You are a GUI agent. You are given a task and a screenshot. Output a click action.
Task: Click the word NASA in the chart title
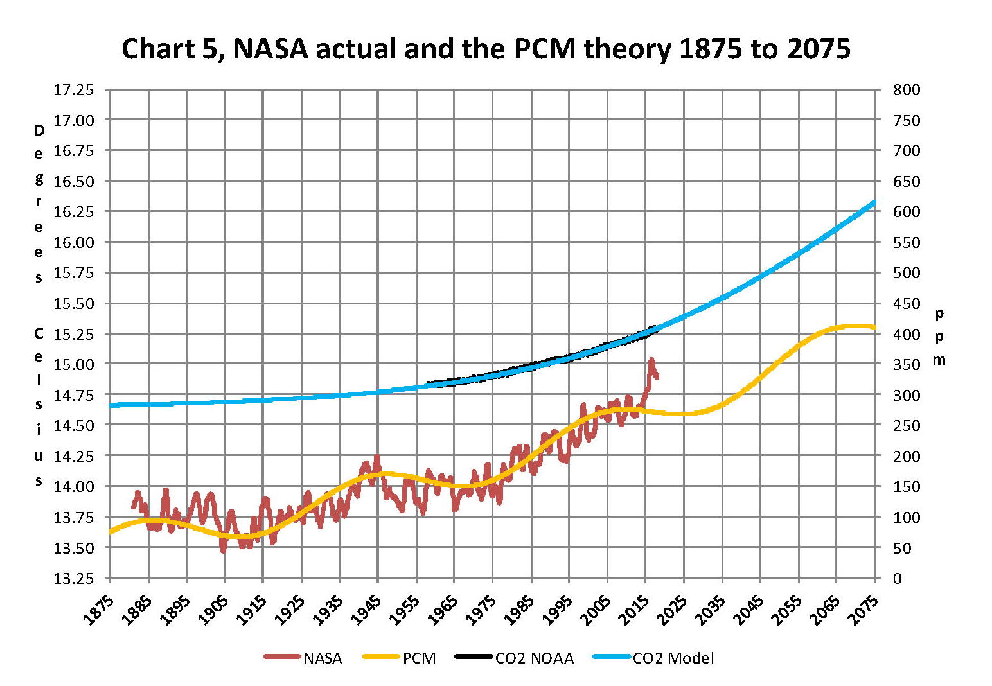[270, 49]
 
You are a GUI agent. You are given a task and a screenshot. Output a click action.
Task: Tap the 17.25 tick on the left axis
[73, 90]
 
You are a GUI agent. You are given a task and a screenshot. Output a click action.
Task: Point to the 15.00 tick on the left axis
[73, 364]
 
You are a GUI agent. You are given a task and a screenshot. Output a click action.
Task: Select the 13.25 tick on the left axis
[73, 578]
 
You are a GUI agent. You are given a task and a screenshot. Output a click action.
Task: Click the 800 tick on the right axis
[906, 90]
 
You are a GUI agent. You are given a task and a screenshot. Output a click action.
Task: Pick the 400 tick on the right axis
[906, 334]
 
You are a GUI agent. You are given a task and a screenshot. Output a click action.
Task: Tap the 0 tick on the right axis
[898, 578]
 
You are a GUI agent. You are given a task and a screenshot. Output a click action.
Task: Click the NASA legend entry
[322, 658]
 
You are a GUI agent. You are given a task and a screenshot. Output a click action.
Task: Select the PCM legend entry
[419, 658]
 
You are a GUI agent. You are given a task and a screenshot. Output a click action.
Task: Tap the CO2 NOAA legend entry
[534, 658]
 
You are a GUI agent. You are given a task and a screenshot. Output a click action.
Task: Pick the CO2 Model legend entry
[673, 658]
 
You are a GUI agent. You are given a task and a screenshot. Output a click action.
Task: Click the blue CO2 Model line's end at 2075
[874, 203]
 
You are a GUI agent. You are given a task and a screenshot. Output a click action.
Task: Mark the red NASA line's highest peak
[651, 360]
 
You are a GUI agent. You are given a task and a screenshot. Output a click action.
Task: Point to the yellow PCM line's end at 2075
[874, 328]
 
